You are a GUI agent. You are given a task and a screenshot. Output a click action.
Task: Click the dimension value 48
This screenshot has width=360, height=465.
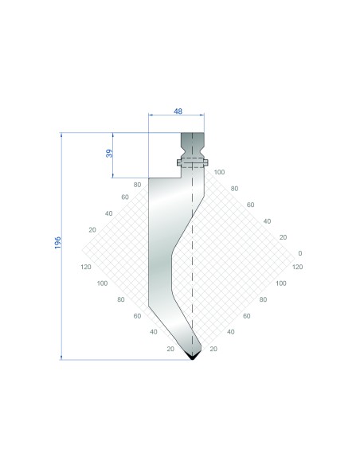point(178,111)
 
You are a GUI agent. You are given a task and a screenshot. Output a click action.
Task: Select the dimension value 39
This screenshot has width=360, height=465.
point(109,154)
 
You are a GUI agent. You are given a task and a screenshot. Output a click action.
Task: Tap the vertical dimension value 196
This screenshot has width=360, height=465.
point(57,243)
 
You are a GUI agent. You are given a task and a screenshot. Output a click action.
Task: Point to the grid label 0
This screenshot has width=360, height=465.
point(300,253)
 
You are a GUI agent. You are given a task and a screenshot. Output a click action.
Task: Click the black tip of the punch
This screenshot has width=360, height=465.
point(193,356)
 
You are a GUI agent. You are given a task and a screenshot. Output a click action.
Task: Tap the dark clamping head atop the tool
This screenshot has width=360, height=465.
point(193,146)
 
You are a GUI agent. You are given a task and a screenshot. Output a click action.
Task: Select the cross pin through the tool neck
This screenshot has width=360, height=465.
point(193,162)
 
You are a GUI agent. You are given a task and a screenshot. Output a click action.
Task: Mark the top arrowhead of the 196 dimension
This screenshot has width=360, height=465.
point(61,135)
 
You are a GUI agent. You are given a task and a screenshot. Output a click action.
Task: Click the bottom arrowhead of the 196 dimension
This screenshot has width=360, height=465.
point(61,357)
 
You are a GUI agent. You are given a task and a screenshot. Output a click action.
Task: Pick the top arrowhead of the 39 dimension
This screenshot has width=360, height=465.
point(112,135)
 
